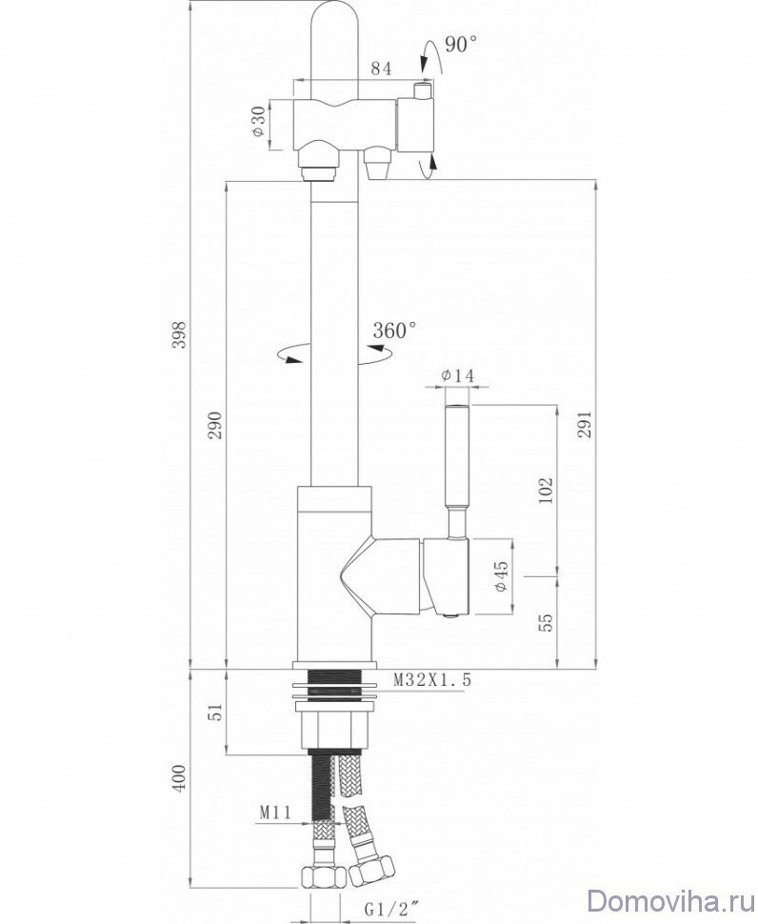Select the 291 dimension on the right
[585, 423]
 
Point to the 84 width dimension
[381, 68]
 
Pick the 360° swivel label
[395, 331]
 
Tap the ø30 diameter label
[259, 122]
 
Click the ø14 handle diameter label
[458, 377]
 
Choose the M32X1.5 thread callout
[433, 679]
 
